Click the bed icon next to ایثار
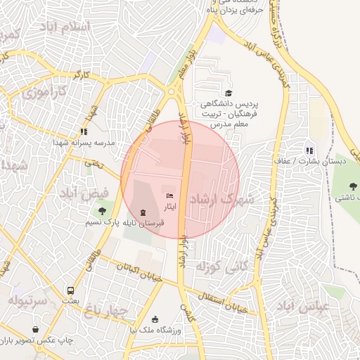coord(169,195)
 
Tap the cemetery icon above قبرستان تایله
coord(143,212)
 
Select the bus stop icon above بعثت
coord(70,290)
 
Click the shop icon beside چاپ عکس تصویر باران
coord(36,329)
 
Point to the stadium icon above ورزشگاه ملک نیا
coord(155,320)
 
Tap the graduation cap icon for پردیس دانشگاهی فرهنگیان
coord(229,93)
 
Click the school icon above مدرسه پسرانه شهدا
coord(84,131)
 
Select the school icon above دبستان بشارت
coord(309,150)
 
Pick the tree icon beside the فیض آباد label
coord(103,210)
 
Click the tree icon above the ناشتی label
coord(353,186)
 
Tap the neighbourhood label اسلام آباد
coord(67,27)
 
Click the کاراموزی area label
coord(44,91)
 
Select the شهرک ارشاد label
coord(231,200)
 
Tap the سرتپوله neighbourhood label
coord(28,301)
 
